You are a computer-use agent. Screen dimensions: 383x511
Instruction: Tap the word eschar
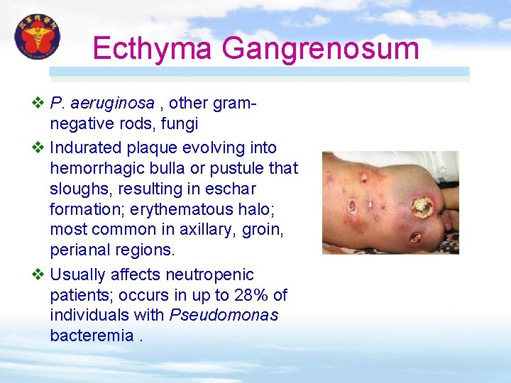[233, 189]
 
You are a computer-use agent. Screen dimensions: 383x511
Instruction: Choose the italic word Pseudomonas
[224, 314]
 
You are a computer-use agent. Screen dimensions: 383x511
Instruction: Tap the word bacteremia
[92, 335]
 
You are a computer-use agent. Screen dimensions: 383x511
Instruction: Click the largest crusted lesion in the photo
[423, 206]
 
